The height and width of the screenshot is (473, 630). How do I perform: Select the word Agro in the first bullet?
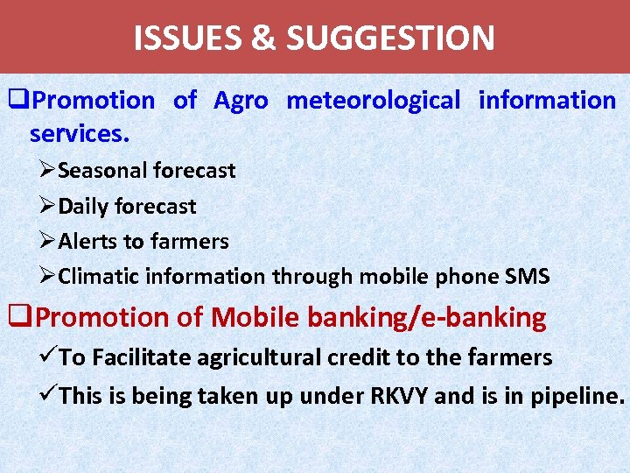[x=241, y=101]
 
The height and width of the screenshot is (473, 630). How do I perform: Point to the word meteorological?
[x=373, y=101]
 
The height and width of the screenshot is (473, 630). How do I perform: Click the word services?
[x=80, y=134]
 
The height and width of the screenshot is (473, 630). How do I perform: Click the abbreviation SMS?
[x=528, y=278]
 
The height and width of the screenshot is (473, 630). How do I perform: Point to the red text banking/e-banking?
[x=426, y=318]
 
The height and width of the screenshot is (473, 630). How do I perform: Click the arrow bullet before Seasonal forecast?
[x=48, y=171]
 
